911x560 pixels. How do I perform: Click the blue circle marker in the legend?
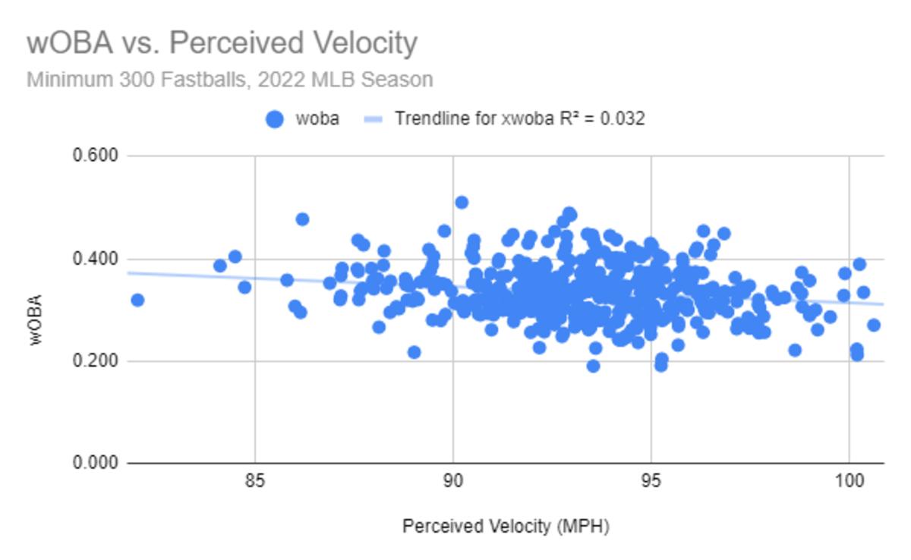point(274,119)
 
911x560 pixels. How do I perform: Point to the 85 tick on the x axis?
point(255,482)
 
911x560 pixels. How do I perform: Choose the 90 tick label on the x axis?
point(453,482)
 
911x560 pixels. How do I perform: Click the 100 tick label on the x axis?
point(850,482)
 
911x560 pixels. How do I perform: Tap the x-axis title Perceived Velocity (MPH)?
point(506,526)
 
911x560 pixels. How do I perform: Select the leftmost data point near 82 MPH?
point(137,300)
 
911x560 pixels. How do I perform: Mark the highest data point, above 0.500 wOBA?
point(462,202)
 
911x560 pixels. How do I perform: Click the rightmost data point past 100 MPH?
point(874,325)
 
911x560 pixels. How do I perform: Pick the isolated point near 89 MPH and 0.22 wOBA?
point(414,352)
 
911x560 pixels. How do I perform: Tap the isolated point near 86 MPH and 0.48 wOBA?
point(302,219)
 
